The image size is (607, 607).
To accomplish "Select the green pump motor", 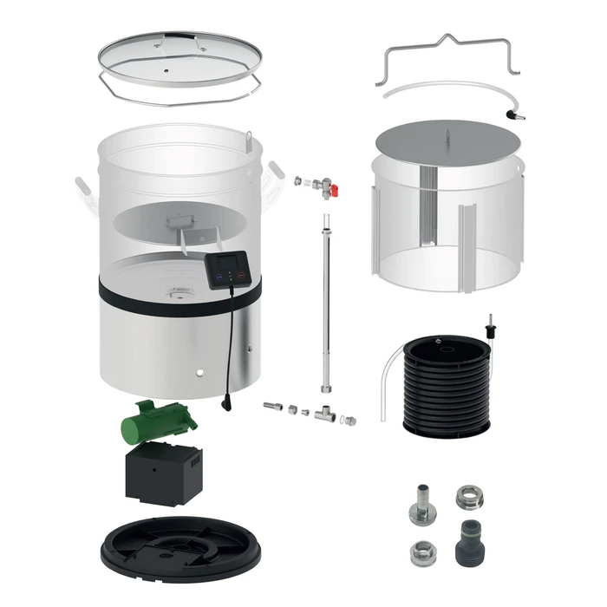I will (x=160, y=422).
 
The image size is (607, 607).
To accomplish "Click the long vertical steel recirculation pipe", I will (x=328, y=303).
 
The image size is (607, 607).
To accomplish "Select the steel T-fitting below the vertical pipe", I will (x=327, y=414).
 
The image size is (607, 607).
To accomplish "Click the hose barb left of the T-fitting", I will (x=274, y=405).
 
